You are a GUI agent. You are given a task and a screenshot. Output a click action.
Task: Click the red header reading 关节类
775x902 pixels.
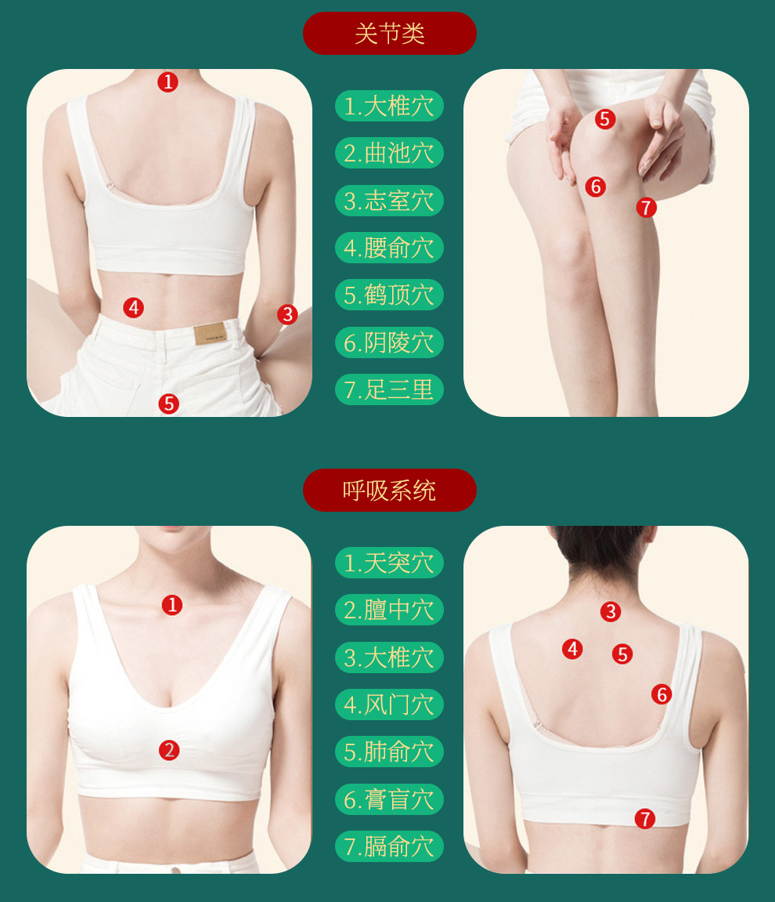click(390, 34)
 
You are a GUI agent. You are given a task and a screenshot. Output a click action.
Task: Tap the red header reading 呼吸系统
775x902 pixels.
click(390, 490)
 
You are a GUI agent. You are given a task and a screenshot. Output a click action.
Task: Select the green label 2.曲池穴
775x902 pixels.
click(390, 153)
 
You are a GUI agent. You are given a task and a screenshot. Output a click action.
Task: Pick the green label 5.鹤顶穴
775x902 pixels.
click(390, 295)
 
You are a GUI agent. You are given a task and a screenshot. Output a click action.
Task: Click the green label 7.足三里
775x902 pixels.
click(390, 389)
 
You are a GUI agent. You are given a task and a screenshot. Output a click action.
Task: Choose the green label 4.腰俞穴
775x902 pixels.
click(390, 248)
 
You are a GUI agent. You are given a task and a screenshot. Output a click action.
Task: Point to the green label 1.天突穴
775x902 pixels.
click(390, 563)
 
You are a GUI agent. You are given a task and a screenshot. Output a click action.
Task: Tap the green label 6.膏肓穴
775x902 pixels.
click(390, 799)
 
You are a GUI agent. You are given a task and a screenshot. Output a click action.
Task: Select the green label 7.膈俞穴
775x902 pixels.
click(390, 847)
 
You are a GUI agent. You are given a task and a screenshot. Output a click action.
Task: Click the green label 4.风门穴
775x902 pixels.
click(390, 705)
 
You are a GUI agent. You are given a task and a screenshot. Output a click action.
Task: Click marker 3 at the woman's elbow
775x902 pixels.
click(287, 315)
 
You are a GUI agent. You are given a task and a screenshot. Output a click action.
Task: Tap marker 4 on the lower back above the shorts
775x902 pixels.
click(134, 308)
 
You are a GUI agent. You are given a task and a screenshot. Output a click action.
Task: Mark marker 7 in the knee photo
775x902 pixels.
click(647, 207)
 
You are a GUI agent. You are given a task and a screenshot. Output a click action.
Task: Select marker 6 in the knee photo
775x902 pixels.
click(596, 187)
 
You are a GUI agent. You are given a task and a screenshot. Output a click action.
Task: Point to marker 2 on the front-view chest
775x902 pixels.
click(169, 750)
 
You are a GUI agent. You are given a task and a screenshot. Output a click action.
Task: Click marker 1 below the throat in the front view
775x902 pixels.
click(171, 605)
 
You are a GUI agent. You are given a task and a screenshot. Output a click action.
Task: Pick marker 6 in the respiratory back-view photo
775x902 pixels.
click(661, 694)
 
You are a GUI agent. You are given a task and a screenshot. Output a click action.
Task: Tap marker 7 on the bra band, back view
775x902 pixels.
click(645, 819)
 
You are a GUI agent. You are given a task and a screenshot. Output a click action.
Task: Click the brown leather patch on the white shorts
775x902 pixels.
click(211, 334)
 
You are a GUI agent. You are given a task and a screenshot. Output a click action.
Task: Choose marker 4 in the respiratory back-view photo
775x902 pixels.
click(572, 649)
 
